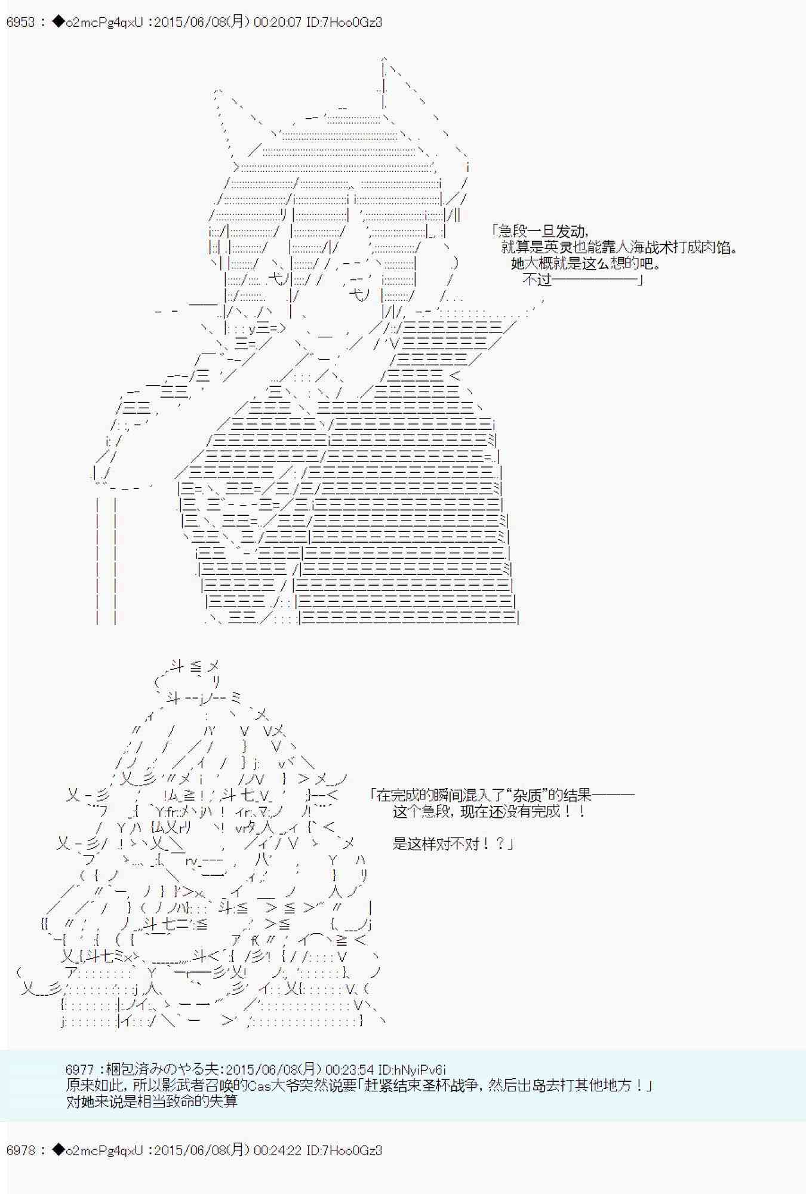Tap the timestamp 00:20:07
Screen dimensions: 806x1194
click(x=278, y=23)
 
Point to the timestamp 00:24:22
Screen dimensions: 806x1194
click(x=278, y=1150)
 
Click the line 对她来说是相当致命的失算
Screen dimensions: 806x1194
click(x=152, y=1101)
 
